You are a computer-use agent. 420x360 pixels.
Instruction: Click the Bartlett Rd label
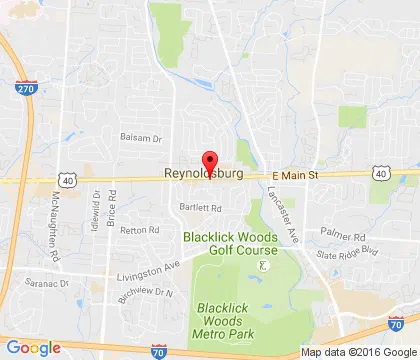[201, 208]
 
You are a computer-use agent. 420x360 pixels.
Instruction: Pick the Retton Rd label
[140, 229]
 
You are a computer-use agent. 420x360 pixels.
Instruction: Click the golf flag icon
[263, 265]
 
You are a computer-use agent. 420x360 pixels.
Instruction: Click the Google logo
[33, 347]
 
